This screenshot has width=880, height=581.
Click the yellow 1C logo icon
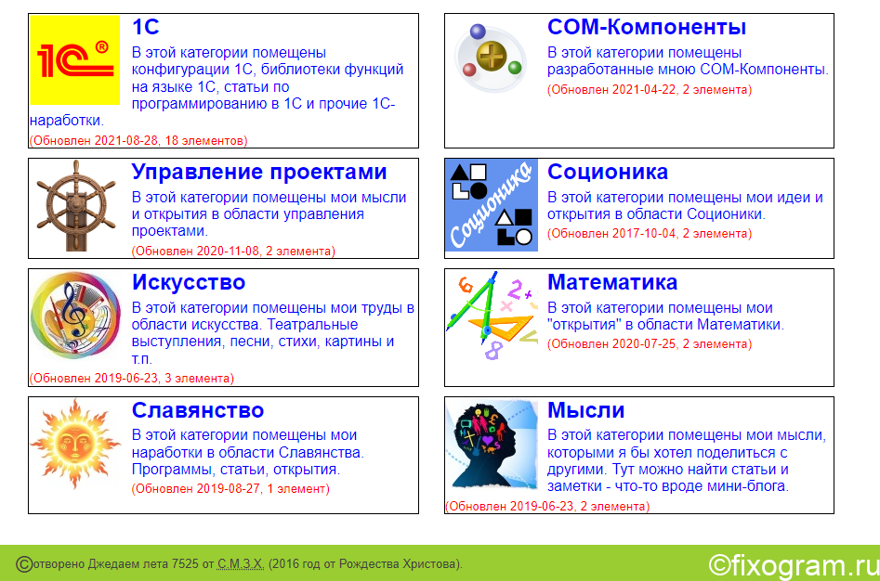(x=74, y=60)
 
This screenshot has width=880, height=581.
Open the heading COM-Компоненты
(x=647, y=27)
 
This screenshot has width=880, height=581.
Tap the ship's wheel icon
(x=76, y=205)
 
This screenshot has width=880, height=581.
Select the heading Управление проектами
(x=259, y=172)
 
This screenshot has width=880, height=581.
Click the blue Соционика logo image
(x=492, y=205)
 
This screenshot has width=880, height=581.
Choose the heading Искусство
(x=189, y=282)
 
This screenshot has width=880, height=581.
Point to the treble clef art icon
(x=75, y=315)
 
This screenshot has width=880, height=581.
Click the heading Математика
(x=612, y=282)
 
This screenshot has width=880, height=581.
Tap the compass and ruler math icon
(x=492, y=316)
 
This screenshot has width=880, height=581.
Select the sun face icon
(x=75, y=444)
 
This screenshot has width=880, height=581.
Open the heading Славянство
(x=198, y=410)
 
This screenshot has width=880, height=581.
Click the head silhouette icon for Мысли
(x=492, y=444)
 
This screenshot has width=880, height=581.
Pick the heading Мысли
(x=586, y=410)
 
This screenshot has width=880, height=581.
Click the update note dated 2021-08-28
(x=138, y=141)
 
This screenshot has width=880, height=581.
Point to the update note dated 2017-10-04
(x=650, y=234)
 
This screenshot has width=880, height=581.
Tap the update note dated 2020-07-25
(x=650, y=344)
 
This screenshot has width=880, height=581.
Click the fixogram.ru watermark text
(x=794, y=565)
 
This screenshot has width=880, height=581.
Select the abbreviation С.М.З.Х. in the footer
(x=240, y=563)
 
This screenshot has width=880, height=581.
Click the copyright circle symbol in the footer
(x=24, y=564)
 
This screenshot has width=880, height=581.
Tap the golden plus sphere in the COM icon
(x=491, y=55)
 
